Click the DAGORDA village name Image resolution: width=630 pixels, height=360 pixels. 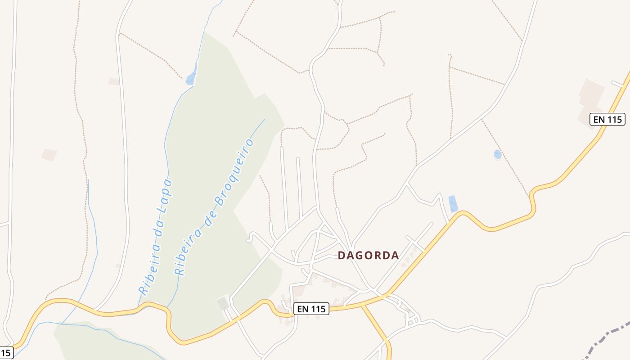[368, 256]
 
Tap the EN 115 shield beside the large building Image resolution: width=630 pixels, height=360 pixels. [607, 119]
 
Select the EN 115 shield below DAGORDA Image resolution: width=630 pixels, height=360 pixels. [311, 309]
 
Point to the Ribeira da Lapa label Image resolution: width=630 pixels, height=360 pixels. [156, 236]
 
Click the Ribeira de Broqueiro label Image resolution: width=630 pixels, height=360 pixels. [214, 207]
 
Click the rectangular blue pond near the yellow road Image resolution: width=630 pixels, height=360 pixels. [453, 204]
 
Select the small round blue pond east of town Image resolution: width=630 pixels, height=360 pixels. [497, 154]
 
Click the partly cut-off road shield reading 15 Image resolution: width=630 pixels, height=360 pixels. [5, 353]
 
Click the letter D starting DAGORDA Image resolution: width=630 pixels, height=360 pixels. [341, 256]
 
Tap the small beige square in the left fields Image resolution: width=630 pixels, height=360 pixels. [49, 155]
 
